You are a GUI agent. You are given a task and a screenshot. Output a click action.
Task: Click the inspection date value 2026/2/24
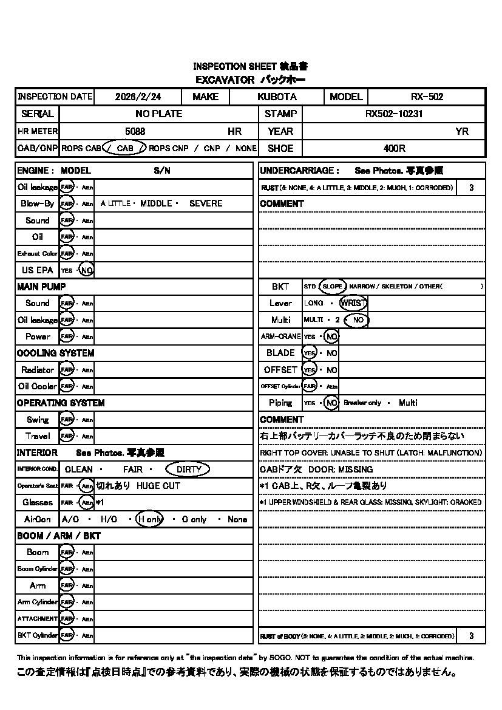coord(138,97)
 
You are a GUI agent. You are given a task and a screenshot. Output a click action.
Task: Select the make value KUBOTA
coord(277,97)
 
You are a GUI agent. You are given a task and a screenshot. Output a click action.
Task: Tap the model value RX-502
coord(427,97)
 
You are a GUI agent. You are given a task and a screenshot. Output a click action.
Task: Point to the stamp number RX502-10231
coord(394,114)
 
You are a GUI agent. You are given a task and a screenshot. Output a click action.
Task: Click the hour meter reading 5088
coord(135,131)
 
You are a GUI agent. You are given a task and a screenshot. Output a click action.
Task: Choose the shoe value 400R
coord(394,148)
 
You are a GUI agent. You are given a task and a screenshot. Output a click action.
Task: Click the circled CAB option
coord(124,148)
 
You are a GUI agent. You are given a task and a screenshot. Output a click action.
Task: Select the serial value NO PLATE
coord(158,114)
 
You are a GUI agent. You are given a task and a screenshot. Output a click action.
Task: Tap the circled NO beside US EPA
coord(87,270)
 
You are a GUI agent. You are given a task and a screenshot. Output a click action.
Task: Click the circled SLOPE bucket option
coord(332,286)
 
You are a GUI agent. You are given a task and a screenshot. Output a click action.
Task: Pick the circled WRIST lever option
coord(353,303)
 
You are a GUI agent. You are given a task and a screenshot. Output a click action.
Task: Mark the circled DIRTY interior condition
coord(188,469)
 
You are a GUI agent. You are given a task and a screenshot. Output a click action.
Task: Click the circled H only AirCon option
coord(150,519)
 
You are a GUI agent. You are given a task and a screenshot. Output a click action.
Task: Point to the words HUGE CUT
coord(158,486)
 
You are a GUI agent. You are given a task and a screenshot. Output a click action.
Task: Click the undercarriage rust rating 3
coord(472,188)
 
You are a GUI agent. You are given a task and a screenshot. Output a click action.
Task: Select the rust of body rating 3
coord(472,636)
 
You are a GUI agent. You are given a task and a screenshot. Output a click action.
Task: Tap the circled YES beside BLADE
coord(310,353)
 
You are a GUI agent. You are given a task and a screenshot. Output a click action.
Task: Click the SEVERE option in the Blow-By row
coord(206,203)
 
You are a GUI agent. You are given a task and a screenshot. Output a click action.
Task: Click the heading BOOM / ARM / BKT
coord(58,536)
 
